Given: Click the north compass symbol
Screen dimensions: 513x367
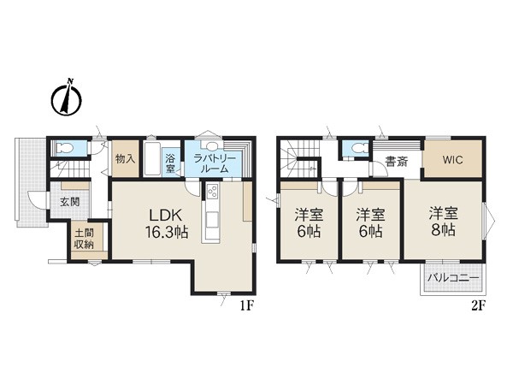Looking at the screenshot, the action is pyautogui.click(x=67, y=98).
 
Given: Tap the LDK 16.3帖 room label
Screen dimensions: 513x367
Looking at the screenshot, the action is pyautogui.click(x=166, y=223).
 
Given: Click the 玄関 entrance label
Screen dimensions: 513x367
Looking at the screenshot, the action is pyautogui.click(x=70, y=201).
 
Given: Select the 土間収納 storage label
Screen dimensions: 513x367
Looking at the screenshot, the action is pyautogui.click(x=84, y=239).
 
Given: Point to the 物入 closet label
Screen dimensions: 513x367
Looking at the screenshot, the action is pyautogui.click(x=126, y=159).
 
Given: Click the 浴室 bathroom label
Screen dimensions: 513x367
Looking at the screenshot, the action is pyautogui.click(x=170, y=164).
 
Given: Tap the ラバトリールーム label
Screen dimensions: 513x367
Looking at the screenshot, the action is pyautogui.click(x=215, y=164).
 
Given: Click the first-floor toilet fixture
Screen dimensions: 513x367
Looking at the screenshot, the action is pyautogui.click(x=64, y=148).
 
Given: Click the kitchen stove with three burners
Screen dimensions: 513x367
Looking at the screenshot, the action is pyautogui.click(x=212, y=191).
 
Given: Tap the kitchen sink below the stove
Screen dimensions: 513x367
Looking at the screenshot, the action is pyautogui.click(x=213, y=219).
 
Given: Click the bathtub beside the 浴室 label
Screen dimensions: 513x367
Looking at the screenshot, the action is pyautogui.click(x=152, y=159).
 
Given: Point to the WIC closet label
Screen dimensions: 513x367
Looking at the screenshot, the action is pyautogui.click(x=453, y=160).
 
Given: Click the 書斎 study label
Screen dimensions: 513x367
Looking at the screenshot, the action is pyautogui.click(x=396, y=162).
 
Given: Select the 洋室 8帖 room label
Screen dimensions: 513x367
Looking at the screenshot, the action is pyautogui.click(x=443, y=222).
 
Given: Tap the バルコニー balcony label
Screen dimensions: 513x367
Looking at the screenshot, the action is pyautogui.click(x=453, y=279).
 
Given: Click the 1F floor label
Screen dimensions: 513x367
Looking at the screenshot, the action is pyautogui.click(x=247, y=305).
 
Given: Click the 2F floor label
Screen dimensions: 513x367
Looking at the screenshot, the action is pyautogui.click(x=478, y=305).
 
